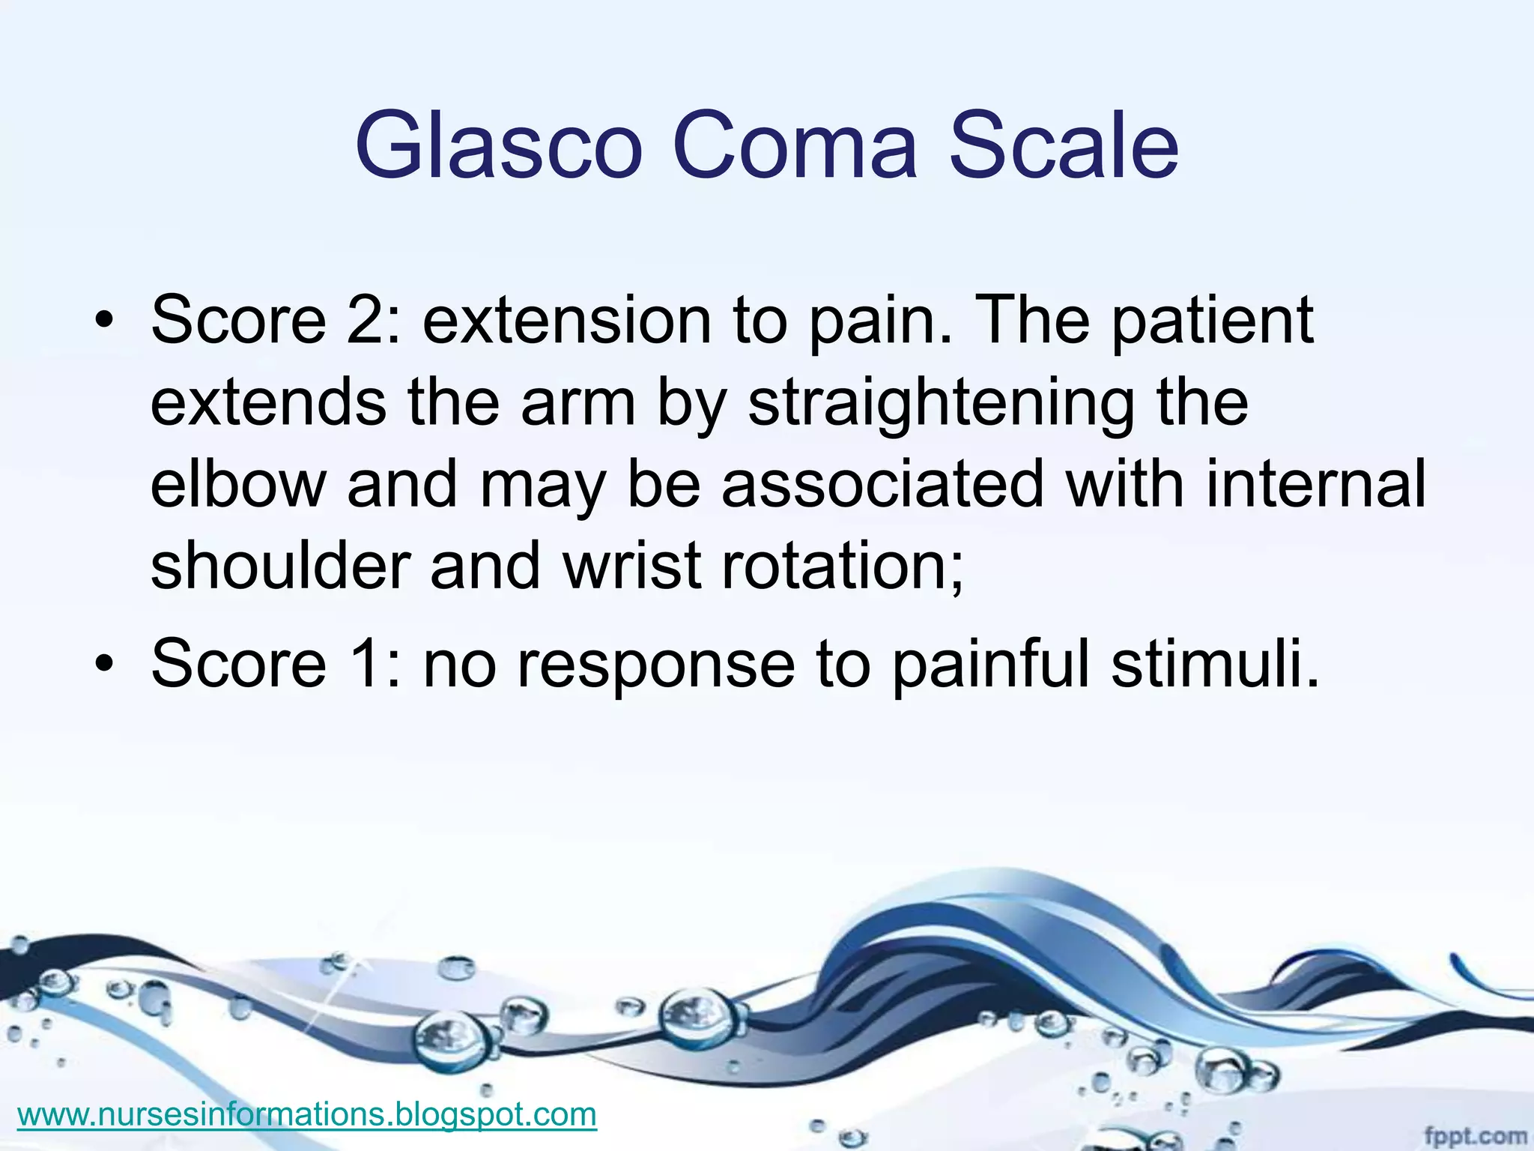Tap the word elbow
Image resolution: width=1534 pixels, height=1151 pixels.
pyautogui.click(x=238, y=484)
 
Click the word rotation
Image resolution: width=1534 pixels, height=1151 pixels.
pyautogui.click(x=842, y=566)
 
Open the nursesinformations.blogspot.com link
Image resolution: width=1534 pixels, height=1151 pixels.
pyautogui.click(x=306, y=1114)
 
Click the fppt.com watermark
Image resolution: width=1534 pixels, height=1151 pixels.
pyautogui.click(x=1475, y=1135)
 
